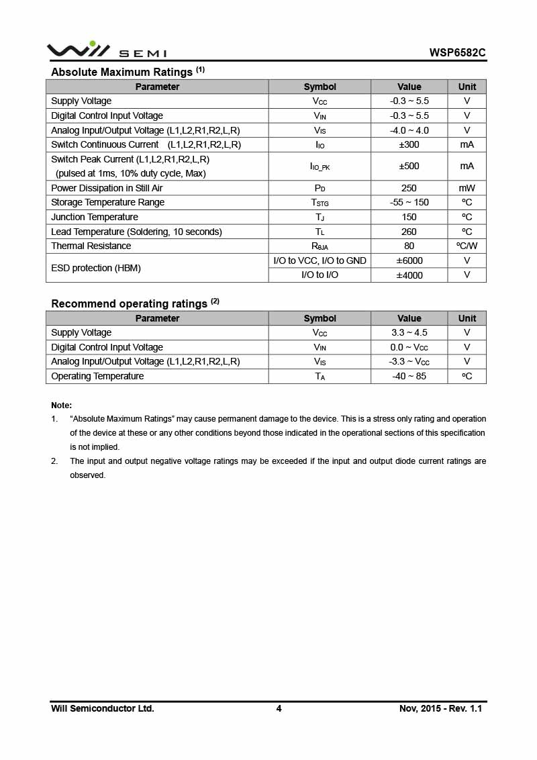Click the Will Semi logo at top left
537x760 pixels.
click(x=106, y=50)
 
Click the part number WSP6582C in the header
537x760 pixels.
click(x=458, y=52)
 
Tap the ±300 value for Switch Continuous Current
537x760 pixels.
click(x=409, y=144)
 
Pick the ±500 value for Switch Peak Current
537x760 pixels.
click(x=409, y=166)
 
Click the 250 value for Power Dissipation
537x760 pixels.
click(x=409, y=188)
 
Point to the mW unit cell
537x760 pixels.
click(x=467, y=188)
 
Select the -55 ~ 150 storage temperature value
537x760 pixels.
click(x=409, y=202)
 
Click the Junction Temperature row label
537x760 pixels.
click(x=95, y=217)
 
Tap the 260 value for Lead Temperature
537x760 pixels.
click(x=409, y=232)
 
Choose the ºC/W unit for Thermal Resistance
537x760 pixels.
click(x=467, y=246)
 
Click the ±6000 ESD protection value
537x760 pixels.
click(x=409, y=260)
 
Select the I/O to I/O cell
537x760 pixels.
click(x=320, y=275)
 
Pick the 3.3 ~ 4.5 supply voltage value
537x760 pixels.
click(x=409, y=332)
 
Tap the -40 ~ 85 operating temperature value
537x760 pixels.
click(x=409, y=376)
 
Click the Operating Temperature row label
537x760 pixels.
click(x=97, y=376)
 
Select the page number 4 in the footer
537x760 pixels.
click(x=279, y=708)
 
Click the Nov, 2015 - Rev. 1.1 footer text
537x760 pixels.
click(x=440, y=708)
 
